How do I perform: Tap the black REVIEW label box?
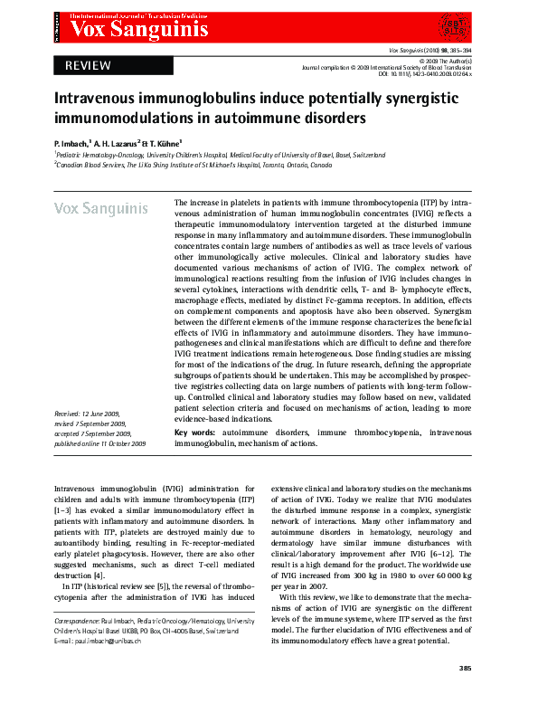click(88, 65)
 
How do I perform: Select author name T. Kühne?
click(164, 143)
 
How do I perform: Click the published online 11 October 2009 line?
click(100, 444)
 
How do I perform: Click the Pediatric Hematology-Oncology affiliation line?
click(208, 155)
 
